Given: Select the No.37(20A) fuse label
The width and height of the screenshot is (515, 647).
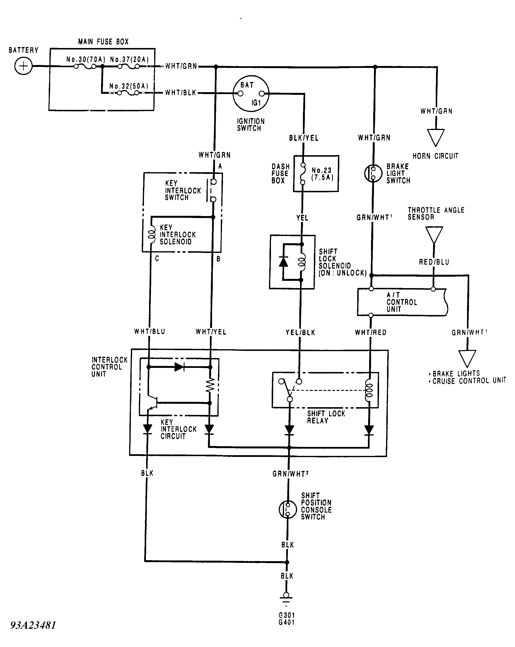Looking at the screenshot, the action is coord(129,59).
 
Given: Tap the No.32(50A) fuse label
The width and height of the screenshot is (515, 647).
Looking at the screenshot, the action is coord(129,86).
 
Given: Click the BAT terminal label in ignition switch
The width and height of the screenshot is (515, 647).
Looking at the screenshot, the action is coord(247,85).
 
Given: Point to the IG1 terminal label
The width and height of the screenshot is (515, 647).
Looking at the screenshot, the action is coord(256,103).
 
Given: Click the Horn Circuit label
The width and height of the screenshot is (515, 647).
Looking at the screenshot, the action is coord(435,156).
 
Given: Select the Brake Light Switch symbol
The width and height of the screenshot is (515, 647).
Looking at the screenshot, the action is coord(373,173).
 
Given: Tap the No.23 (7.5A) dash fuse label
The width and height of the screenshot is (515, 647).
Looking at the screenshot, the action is coord(322,174).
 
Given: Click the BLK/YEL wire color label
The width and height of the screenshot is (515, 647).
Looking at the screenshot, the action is coord(303,138).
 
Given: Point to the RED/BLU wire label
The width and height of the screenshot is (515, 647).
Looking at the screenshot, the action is coord(434,262).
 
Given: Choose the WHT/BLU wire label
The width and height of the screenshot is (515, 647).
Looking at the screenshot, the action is coord(150,332).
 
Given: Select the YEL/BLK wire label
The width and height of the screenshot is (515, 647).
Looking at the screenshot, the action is coord(300,332).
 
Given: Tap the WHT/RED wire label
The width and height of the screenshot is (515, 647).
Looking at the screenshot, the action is coord(371,332).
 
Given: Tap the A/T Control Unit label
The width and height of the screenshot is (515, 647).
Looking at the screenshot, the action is coord(402,302).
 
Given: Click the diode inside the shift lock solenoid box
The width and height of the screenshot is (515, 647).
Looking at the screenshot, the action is coord(283,262).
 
